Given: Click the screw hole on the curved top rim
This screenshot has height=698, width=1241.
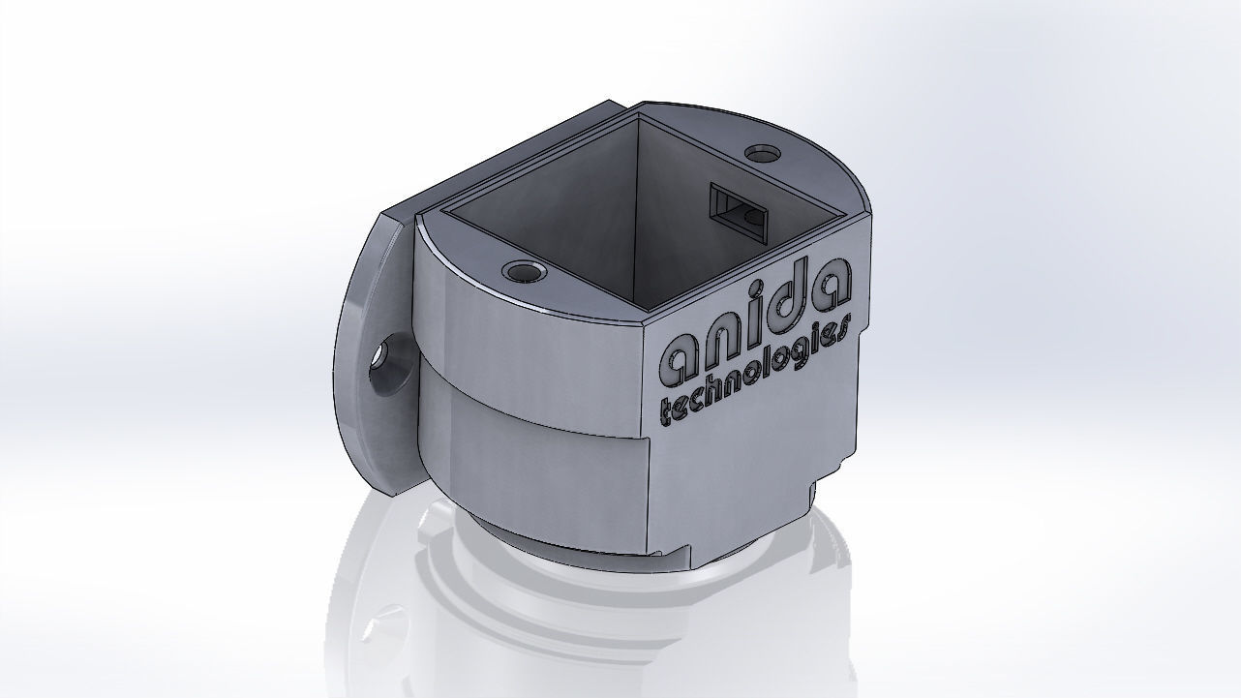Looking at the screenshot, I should tap(524, 272).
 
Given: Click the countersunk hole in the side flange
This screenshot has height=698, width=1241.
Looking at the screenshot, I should tap(390, 359).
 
